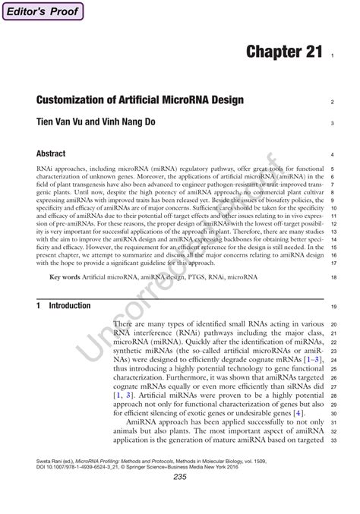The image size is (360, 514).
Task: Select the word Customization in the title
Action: pyautogui.click(x=79, y=101)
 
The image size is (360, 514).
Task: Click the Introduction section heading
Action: pyautogui.click(x=69, y=306)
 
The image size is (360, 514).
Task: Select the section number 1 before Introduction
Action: pyautogui.click(x=38, y=306)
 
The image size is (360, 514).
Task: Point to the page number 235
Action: pyautogui.click(x=180, y=477)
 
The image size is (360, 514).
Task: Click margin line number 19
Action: pyautogui.click(x=333, y=307)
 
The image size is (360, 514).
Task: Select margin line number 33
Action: pyautogui.click(x=333, y=440)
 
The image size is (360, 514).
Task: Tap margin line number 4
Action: pyautogui.click(x=333, y=155)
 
